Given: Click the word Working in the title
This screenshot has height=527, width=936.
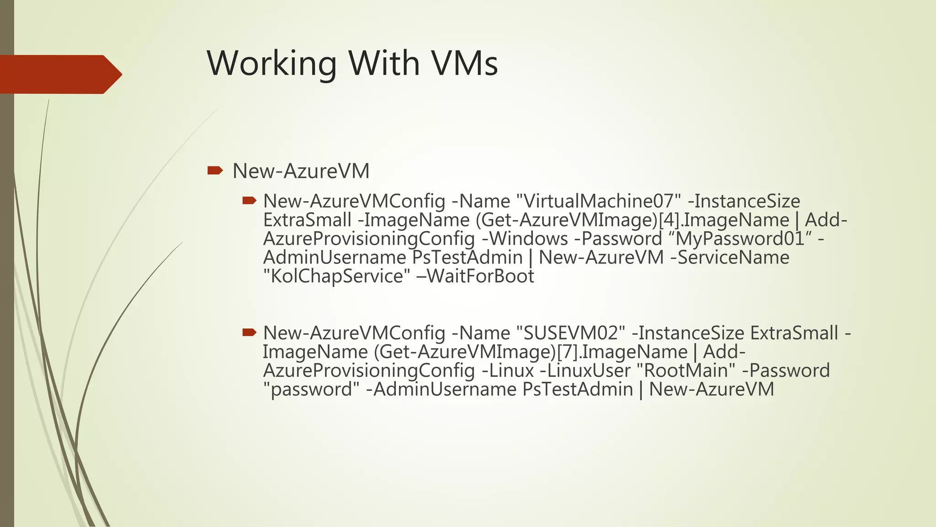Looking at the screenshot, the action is (x=272, y=64).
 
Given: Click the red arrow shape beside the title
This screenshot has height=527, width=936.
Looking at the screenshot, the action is (x=59, y=74).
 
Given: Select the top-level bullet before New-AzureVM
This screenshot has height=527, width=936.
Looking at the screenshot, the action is (x=214, y=171).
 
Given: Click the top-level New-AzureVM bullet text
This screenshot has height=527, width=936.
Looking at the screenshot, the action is (x=301, y=171).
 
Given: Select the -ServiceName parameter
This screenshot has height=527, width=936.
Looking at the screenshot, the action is (x=729, y=258).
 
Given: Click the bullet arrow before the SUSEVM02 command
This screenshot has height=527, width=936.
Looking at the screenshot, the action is (x=249, y=333).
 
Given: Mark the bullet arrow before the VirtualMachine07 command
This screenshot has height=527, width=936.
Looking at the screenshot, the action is (x=249, y=201).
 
